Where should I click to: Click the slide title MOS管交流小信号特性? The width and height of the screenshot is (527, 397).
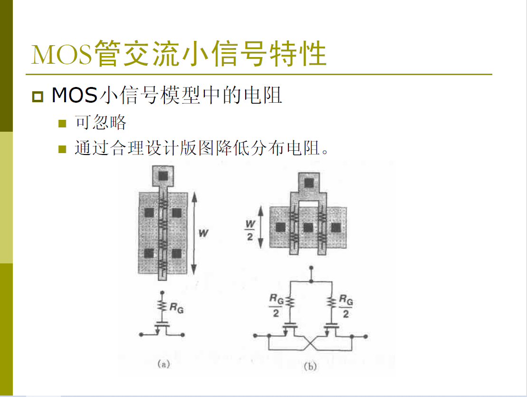(179, 53)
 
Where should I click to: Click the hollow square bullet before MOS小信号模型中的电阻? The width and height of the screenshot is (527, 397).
(38, 97)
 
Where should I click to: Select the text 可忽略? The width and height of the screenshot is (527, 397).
(100, 122)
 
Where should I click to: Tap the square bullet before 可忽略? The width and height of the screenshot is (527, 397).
(62, 123)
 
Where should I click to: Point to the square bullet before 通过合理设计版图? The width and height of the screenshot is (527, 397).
(62, 149)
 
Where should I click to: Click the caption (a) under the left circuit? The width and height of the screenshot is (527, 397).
(163, 364)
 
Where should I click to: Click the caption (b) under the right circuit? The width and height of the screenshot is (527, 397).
(310, 366)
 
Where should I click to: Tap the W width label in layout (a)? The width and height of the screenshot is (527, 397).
(203, 233)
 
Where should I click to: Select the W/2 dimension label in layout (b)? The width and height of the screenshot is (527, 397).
(250, 230)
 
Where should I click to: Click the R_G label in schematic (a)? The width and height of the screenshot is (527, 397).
(176, 308)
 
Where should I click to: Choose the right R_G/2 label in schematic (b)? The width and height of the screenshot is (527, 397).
(346, 306)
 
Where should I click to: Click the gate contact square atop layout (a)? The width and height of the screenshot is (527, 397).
(163, 176)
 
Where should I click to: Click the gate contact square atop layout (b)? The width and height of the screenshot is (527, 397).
(308, 183)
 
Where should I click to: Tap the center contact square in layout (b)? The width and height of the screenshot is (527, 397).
(308, 228)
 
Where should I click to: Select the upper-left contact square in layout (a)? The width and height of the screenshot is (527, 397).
(149, 213)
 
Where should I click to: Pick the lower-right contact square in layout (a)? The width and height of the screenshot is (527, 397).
(176, 253)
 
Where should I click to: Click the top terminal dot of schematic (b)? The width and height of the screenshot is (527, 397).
(311, 268)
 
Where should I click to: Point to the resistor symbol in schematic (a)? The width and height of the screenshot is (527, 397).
(162, 305)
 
